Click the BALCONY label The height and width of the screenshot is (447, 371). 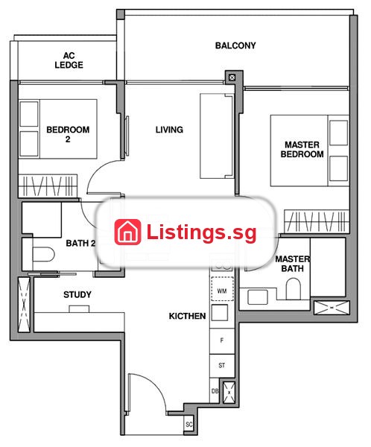[x=235, y=45]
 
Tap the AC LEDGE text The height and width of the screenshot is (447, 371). [x=69, y=60]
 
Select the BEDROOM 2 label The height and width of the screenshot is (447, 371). [x=68, y=134]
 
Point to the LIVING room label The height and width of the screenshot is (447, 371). [x=169, y=130]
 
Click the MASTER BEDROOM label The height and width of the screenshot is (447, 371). [x=302, y=150]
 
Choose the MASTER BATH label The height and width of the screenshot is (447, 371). [x=292, y=264]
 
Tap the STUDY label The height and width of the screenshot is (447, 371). [x=77, y=294]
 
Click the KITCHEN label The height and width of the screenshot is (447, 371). [x=187, y=316]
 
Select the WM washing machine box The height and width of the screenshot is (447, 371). [x=222, y=289]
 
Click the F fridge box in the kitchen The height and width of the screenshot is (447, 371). [x=222, y=341]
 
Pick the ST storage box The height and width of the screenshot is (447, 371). [x=222, y=366]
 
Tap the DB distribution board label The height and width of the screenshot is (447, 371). [x=215, y=391]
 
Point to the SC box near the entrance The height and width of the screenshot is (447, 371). [x=188, y=425]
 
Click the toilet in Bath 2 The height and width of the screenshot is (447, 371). [x=43, y=254]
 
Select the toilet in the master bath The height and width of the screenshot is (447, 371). [x=294, y=288]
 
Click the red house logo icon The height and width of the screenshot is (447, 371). [x=127, y=232]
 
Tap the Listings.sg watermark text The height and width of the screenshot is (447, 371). [x=201, y=232]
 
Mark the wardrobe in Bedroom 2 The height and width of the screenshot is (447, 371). [x=48, y=186]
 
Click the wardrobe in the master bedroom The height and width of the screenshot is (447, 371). [x=317, y=221]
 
